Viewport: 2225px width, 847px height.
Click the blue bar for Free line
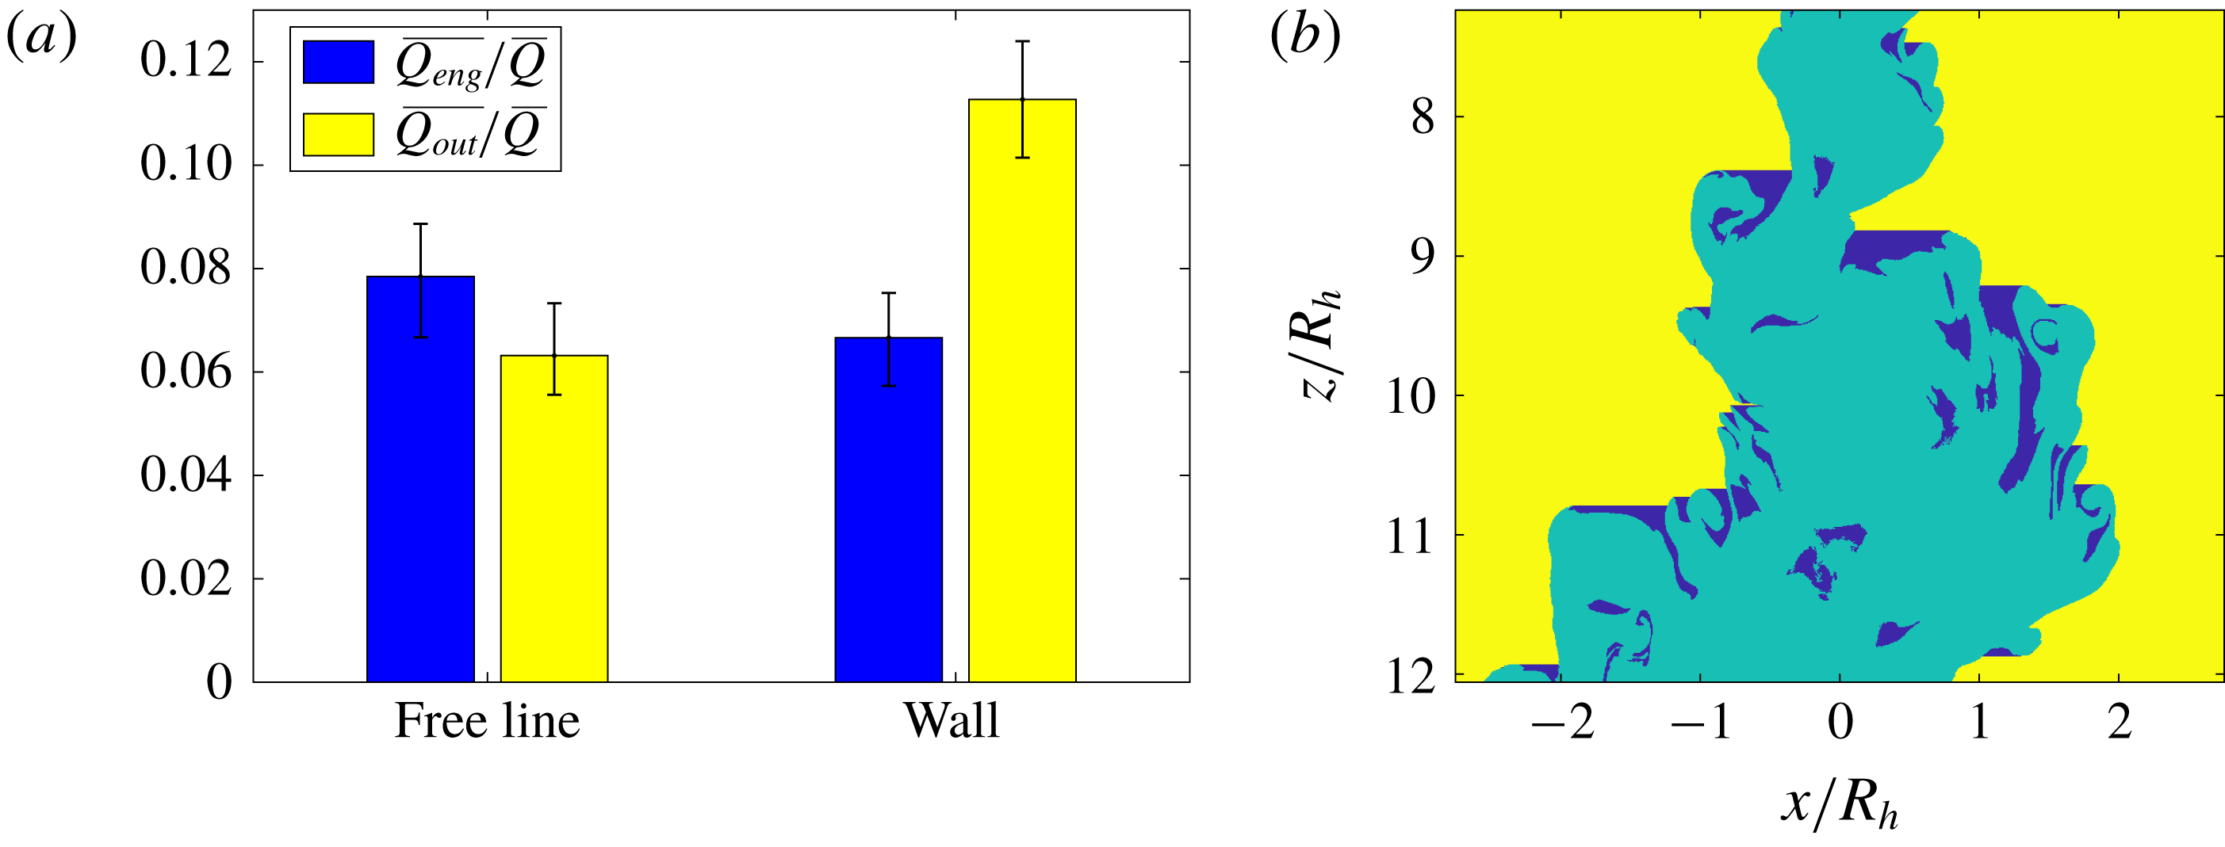pyautogui.click(x=419, y=479)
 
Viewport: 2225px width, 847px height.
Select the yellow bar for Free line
pyautogui.click(x=553, y=518)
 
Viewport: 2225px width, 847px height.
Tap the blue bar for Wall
pyautogui.click(x=888, y=509)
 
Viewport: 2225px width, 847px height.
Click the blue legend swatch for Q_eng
pyautogui.click(x=338, y=62)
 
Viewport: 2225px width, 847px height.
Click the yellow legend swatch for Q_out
pyautogui.click(x=338, y=134)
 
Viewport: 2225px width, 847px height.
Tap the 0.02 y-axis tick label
pyautogui.click(x=186, y=578)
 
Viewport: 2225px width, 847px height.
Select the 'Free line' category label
pyautogui.click(x=486, y=721)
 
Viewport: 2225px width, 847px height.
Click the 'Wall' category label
pyautogui.click(x=951, y=721)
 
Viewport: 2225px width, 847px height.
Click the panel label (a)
pyautogui.click(x=41, y=36)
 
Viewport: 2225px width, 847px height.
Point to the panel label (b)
pyautogui.click(x=1305, y=36)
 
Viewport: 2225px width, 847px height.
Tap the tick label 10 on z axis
pyautogui.click(x=1410, y=396)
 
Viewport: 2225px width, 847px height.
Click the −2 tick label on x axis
pyautogui.click(x=1561, y=722)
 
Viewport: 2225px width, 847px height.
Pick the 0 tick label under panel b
pyautogui.click(x=1840, y=722)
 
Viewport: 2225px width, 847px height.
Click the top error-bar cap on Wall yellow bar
pyautogui.click(x=1022, y=40)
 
